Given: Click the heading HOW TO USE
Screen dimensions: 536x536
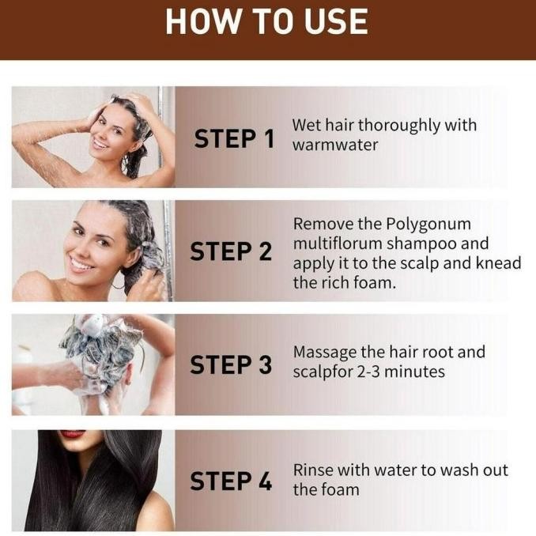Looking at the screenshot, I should click(x=267, y=21).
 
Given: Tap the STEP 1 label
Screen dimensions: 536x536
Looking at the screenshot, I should click(x=234, y=139).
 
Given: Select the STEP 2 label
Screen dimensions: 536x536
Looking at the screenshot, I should click(x=231, y=252).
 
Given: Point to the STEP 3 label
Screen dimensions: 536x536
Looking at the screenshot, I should click(x=231, y=365).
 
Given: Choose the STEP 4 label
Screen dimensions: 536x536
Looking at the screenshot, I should click(x=231, y=480).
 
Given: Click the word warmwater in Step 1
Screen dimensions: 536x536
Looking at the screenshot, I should click(x=335, y=145).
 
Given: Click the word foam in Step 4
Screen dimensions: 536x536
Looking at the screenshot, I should click(x=341, y=489).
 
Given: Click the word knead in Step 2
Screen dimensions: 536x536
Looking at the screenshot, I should click(x=498, y=262).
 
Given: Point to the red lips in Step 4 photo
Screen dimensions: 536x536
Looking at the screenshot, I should click(x=73, y=434).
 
